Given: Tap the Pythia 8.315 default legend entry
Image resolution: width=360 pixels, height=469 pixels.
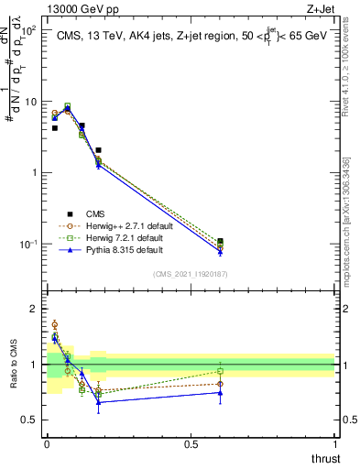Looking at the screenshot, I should (x=115, y=249).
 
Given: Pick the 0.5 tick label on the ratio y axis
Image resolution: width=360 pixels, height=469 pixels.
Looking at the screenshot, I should (x=30, y=420).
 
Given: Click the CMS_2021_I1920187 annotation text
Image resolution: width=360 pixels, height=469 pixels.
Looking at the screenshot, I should (x=190, y=274).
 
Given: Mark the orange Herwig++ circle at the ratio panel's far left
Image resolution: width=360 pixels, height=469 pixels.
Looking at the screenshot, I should (x=54, y=324).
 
